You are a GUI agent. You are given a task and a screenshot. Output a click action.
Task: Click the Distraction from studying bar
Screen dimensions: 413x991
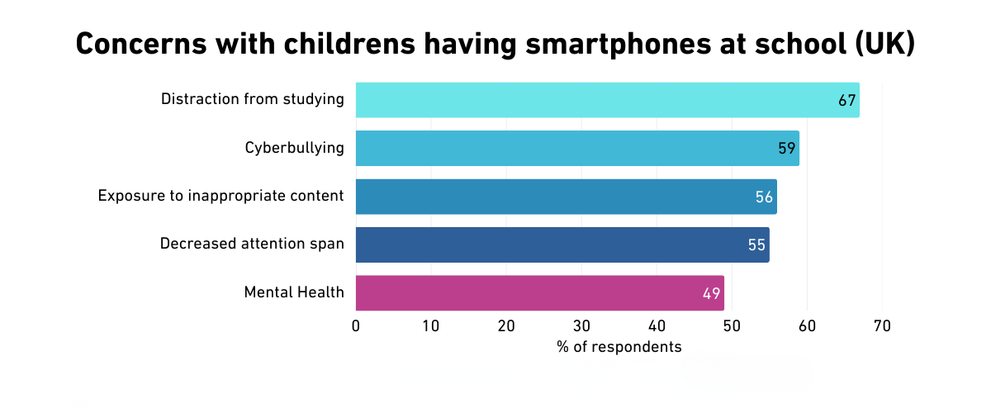(607, 100)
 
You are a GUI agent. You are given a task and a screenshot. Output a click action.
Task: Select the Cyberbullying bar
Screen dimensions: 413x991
(577, 148)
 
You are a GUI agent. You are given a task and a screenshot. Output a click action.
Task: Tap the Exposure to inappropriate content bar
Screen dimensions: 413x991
(566, 197)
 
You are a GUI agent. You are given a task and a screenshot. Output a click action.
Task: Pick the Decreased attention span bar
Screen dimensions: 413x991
(562, 244)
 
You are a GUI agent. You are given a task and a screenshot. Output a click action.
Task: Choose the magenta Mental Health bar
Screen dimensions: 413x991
(539, 293)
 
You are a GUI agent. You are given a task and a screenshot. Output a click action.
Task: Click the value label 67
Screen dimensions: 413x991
(846, 101)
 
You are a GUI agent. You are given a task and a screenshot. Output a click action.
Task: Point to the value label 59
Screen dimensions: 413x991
(786, 149)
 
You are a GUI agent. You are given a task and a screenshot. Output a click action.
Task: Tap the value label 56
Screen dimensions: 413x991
(764, 197)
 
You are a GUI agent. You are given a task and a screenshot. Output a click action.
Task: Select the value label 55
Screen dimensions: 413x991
(756, 245)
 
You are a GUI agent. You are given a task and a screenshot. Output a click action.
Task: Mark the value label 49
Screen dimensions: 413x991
(712, 294)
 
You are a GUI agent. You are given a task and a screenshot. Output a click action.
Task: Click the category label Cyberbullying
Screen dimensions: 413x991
(294, 148)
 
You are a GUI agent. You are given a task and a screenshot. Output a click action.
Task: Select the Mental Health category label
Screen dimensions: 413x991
(294, 292)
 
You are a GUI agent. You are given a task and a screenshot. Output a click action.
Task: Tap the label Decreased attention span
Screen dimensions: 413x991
(252, 244)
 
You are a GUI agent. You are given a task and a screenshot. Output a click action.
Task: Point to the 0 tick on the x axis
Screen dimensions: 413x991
(356, 325)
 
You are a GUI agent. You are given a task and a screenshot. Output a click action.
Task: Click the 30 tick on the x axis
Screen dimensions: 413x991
(581, 325)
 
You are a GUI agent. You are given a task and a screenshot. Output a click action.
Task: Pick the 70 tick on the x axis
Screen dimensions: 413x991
(882, 325)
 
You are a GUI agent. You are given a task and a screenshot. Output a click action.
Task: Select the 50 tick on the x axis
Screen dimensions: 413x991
(732, 325)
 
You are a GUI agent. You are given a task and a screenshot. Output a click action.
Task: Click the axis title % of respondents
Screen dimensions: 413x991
(619, 347)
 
